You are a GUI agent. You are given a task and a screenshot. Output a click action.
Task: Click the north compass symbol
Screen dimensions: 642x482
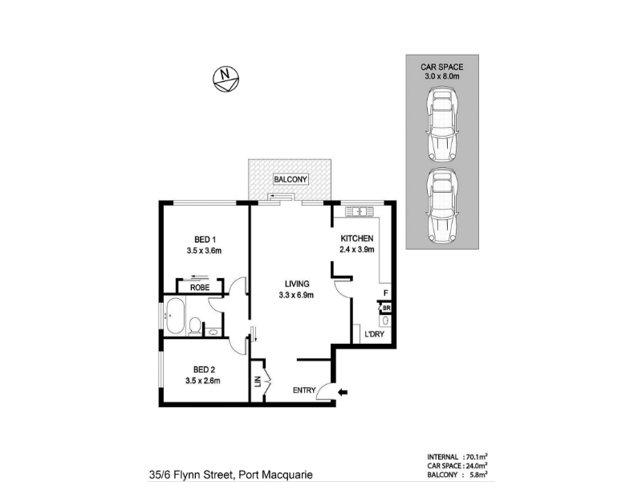[x=226, y=79]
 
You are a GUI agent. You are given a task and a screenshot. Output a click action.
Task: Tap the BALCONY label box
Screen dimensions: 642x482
[x=291, y=179]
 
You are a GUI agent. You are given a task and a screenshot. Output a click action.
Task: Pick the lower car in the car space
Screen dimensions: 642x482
[x=442, y=205]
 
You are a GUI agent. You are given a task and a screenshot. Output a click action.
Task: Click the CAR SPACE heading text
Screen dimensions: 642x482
[x=442, y=67]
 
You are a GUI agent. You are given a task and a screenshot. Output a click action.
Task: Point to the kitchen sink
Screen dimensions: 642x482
[x=360, y=211]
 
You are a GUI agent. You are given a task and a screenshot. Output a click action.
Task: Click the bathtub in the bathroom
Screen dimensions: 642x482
[x=175, y=316]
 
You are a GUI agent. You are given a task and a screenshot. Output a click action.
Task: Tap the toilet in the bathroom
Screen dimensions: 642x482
[x=195, y=326]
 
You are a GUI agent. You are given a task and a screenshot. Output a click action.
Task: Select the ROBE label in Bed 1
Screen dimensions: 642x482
[x=200, y=288]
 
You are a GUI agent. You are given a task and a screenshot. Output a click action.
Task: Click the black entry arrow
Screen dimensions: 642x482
[x=343, y=392]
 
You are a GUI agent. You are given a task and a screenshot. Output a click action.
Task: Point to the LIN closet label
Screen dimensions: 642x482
[x=258, y=382]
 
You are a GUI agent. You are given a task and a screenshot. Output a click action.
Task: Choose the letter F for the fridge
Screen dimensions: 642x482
[x=386, y=293]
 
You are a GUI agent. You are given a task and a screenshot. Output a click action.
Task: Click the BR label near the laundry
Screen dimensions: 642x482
[x=387, y=308]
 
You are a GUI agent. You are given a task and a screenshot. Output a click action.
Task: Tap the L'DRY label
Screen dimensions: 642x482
[x=374, y=334]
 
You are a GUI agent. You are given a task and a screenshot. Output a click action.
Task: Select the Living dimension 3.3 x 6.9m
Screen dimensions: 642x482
[x=296, y=295]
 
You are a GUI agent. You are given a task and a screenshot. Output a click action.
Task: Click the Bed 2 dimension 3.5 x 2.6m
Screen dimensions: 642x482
[x=203, y=381]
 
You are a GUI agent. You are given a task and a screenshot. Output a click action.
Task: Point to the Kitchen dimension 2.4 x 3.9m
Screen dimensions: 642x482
[x=356, y=249]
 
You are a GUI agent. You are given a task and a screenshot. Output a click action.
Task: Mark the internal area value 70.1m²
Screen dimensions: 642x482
[x=476, y=456]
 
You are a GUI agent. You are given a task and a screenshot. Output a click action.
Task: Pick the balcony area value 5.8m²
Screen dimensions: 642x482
[x=478, y=475]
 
